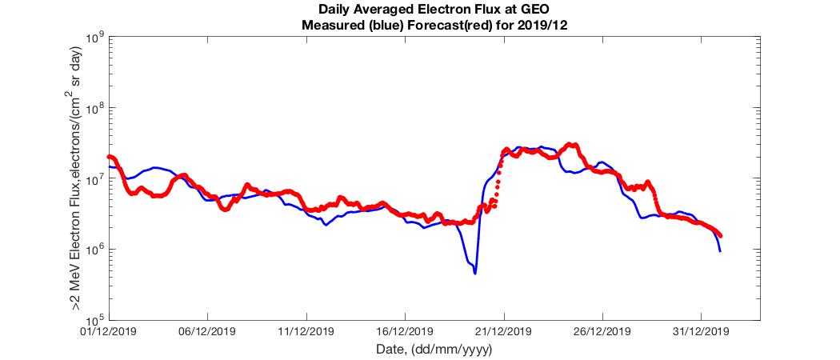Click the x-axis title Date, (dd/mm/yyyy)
(434, 350)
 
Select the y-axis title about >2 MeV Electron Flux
(76, 178)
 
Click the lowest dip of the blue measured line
(475, 274)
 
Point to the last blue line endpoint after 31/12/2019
(721, 251)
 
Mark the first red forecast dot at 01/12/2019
(109, 157)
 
